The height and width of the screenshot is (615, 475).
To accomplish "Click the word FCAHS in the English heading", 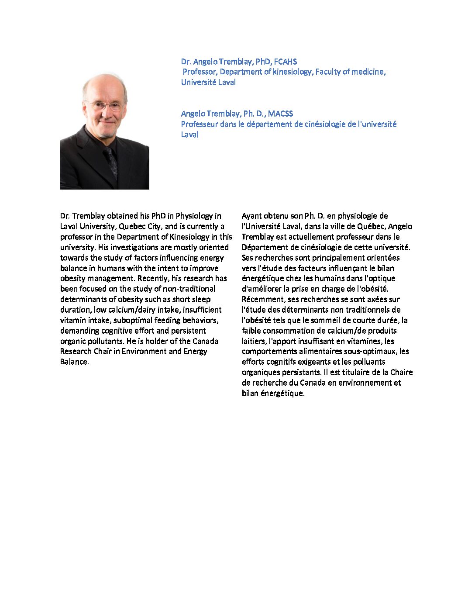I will (x=285, y=62).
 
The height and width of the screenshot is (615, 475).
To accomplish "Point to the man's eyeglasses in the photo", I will (x=105, y=106).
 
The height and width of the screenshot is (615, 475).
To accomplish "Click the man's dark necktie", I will (x=111, y=162).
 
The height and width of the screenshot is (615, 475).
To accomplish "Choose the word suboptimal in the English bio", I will (x=133, y=320).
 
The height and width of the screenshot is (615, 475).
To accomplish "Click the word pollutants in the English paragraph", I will (x=106, y=341).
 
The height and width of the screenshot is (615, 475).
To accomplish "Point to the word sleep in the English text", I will (x=201, y=299).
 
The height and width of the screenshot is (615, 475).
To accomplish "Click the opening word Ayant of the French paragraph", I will (x=252, y=216).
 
